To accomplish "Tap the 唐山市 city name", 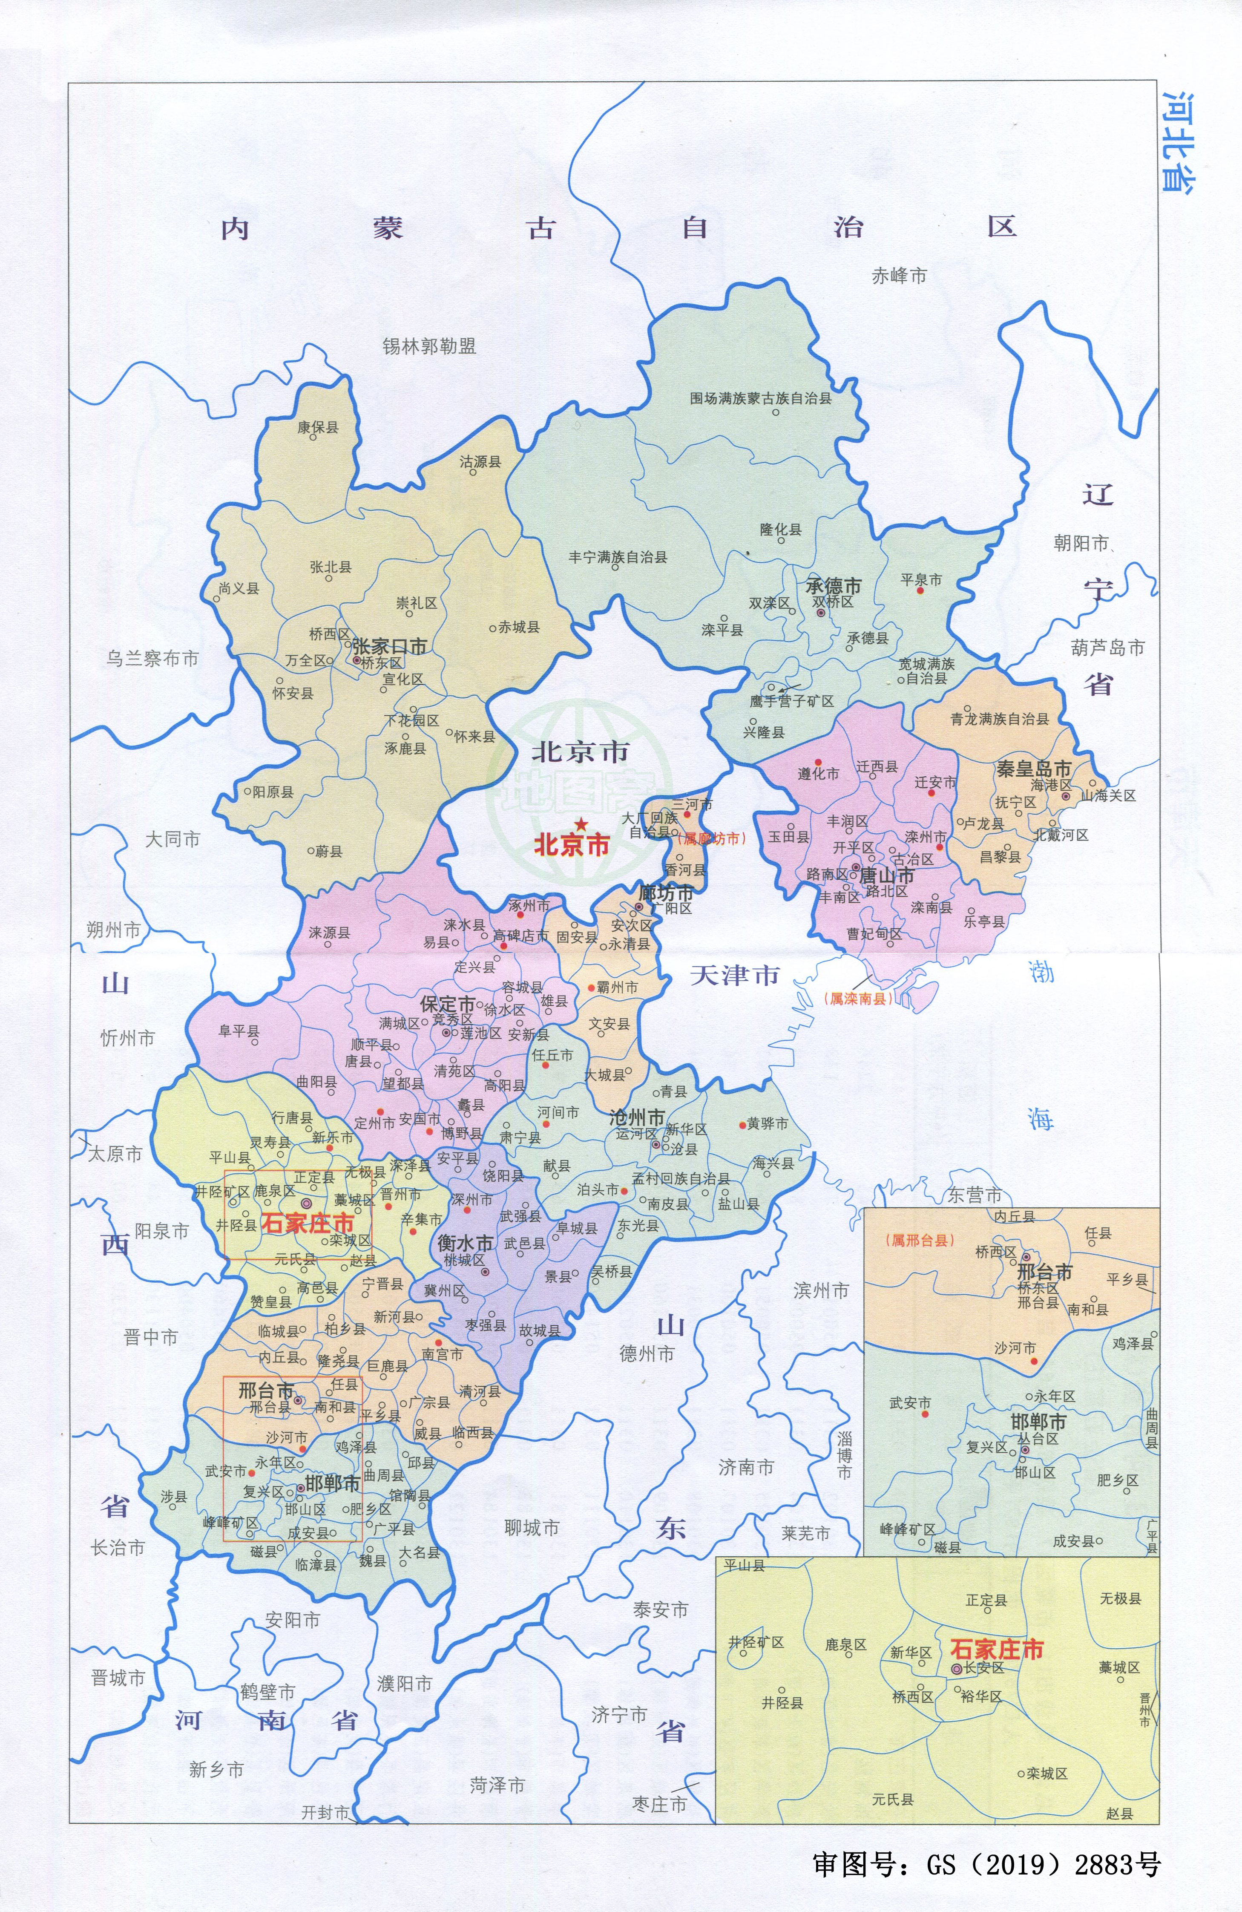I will (x=887, y=875).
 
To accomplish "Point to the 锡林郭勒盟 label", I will (x=429, y=346).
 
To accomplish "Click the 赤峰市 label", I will (x=899, y=276).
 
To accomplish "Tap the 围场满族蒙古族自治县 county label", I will (x=760, y=397).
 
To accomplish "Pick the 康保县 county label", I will (x=318, y=427).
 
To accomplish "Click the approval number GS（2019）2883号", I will (x=986, y=1864).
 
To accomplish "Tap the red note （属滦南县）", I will (x=858, y=999).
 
